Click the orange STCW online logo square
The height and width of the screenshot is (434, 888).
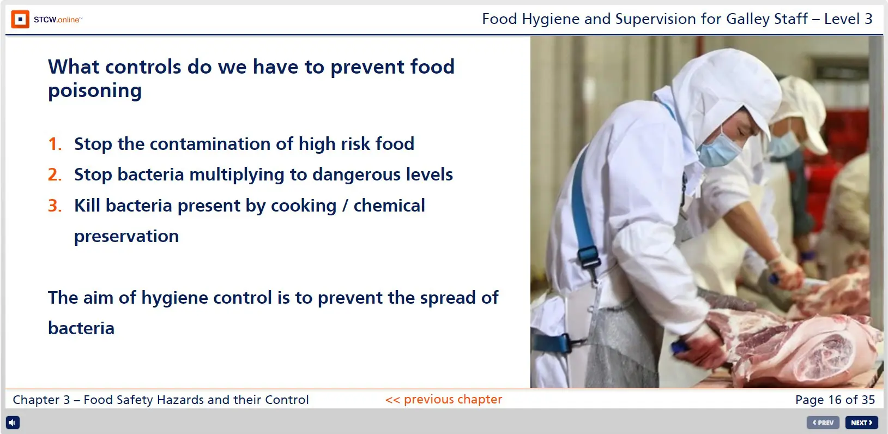tap(20, 19)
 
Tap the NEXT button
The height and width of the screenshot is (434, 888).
tap(861, 423)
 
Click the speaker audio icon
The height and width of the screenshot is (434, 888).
tap(13, 423)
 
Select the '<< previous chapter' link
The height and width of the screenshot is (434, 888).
tap(444, 399)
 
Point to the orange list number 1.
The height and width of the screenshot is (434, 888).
tap(55, 144)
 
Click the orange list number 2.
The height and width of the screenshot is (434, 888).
tap(55, 175)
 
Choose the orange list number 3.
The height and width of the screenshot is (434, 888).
tap(55, 206)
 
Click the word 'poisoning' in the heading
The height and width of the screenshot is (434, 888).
tap(95, 91)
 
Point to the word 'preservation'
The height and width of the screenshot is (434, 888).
tap(126, 237)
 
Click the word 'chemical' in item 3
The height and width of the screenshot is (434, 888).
tap(389, 206)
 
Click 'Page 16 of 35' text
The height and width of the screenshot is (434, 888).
tap(835, 400)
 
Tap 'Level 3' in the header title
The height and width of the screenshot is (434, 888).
tap(848, 19)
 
